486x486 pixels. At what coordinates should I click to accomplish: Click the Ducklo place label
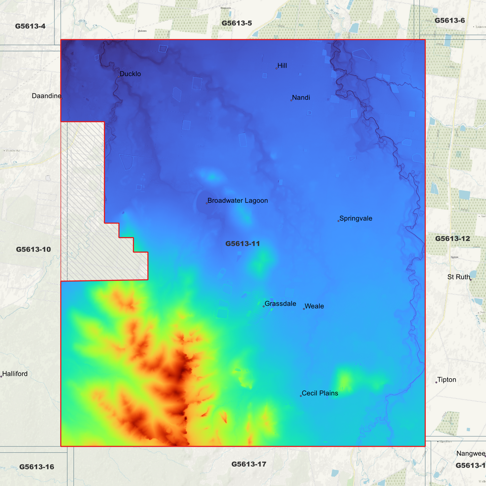pyautogui.click(x=130, y=74)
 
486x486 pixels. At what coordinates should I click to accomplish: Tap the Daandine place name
pyautogui.click(x=46, y=96)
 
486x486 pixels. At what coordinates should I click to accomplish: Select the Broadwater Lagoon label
pyautogui.click(x=237, y=201)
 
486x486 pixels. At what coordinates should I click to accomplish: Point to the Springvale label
pyautogui.click(x=356, y=219)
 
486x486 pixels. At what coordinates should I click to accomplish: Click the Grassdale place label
pyautogui.click(x=280, y=304)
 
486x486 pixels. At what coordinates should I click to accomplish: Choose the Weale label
pyautogui.click(x=314, y=306)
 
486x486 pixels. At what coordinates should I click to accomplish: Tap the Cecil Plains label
pyautogui.click(x=320, y=393)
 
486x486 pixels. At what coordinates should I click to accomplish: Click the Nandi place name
pyautogui.click(x=301, y=98)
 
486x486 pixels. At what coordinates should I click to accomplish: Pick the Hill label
pyautogui.click(x=282, y=66)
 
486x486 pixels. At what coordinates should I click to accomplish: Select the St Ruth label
pyautogui.click(x=458, y=277)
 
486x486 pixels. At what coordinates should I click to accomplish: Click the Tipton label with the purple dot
pyautogui.click(x=447, y=380)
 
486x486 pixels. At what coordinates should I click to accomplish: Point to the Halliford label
pyautogui.click(x=15, y=374)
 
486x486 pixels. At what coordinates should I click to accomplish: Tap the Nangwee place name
pyautogui.click(x=471, y=454)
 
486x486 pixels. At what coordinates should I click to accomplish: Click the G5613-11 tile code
pyautogui.click(x=242, y=244)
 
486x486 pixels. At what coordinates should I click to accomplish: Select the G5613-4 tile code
pyautogui.click(x=30, y=26)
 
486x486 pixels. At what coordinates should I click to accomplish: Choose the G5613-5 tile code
pyautogui.click(x=237, y=23)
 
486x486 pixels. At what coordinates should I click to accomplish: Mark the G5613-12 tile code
pyautogui.click(x=452, y=239)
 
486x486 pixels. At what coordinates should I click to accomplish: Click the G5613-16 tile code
pyautogui.click(x=37, y=467)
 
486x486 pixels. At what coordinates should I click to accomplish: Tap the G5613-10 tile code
pyautogui.click(x=33, y=250)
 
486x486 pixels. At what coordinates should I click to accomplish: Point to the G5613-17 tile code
pyautogui.click(x=249, y=464)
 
